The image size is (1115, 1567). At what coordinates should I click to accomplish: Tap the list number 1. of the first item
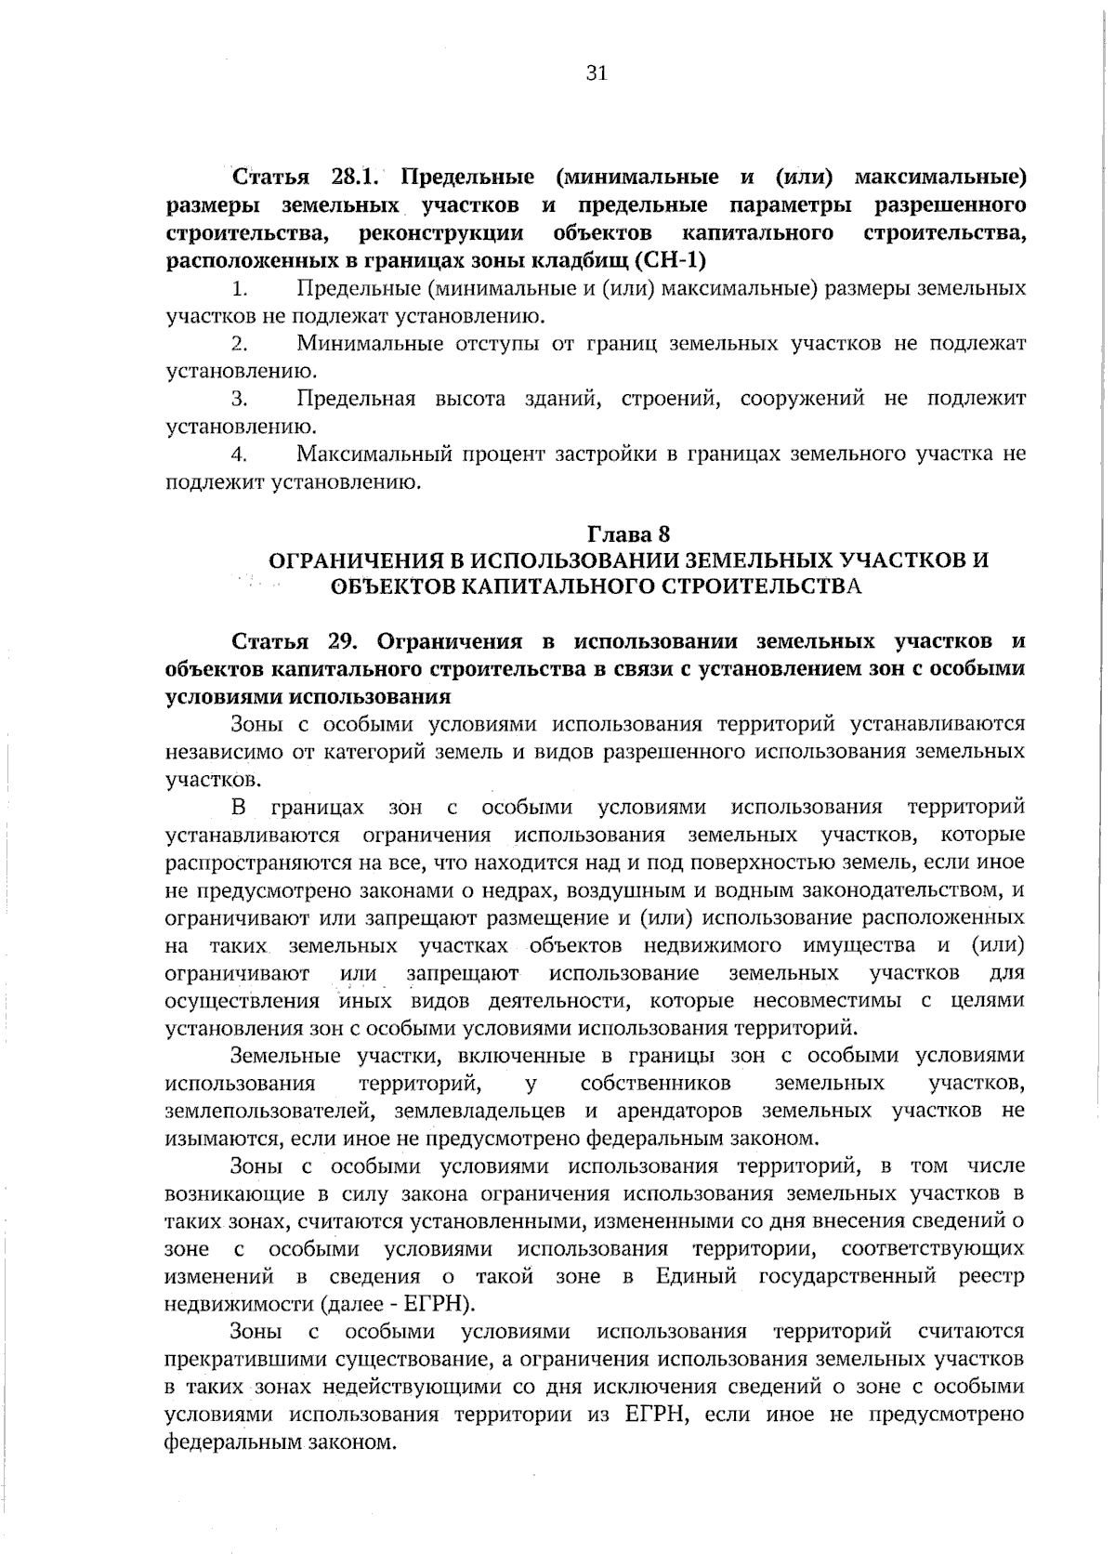[x=239, y=289]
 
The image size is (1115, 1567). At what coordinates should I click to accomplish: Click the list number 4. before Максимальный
[x=239, y=455]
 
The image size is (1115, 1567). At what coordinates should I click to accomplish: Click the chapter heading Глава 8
[x=628, y=534]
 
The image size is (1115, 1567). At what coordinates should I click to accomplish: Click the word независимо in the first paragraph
[x=216, y=751]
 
